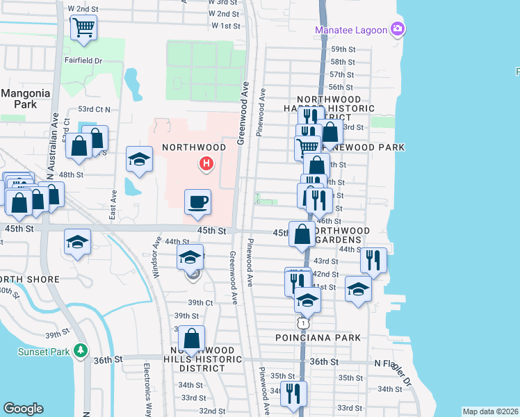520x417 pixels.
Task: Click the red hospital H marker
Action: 206,165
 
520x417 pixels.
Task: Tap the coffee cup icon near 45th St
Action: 197,202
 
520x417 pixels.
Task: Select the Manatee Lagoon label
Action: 350,29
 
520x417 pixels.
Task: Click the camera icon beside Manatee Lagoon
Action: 398,28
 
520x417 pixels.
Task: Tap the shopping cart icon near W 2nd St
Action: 83,28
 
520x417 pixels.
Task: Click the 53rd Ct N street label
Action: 95,109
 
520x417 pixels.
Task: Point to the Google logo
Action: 23,409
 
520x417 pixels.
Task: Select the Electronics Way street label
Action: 147,385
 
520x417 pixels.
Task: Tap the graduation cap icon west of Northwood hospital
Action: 139,159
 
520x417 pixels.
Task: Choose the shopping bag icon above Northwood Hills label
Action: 193,339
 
